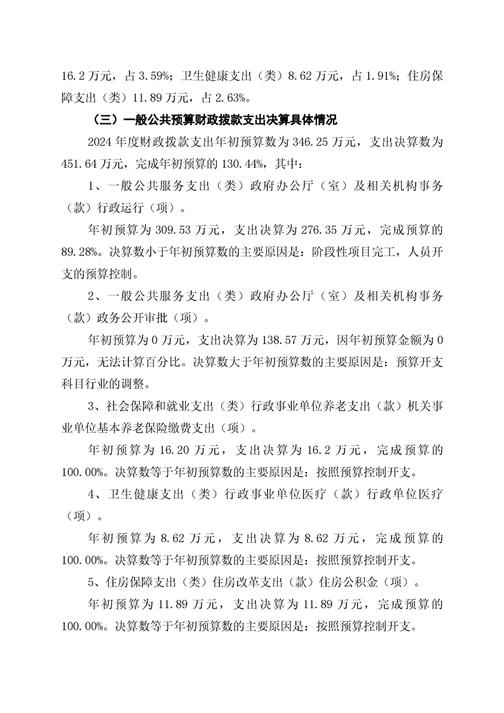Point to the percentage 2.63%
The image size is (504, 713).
click(x=230, y=98)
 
